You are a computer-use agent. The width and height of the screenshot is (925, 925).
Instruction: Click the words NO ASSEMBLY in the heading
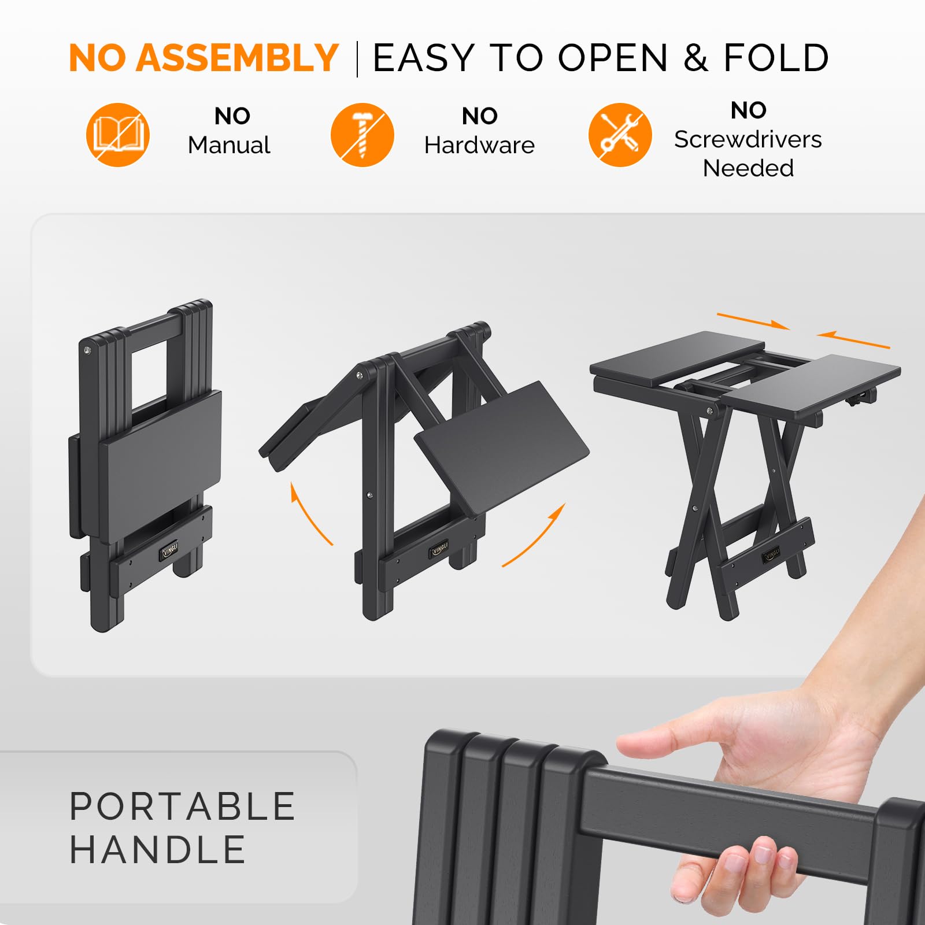(x=203, y=58)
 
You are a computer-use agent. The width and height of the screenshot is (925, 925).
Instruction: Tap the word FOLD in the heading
(x=776, y=58)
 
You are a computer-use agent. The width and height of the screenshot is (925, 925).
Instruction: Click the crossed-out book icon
(x=118, y=135)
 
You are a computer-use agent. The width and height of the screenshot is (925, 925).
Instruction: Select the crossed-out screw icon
(x=362, y=135)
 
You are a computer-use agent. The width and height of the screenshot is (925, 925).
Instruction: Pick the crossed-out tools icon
(x=620, y=135)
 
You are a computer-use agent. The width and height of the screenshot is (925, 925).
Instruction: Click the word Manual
(x=229, y=145)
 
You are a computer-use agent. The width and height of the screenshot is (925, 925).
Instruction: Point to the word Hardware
(x=479, y=145)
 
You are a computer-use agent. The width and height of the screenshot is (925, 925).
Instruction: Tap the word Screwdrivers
(x=748, y=139)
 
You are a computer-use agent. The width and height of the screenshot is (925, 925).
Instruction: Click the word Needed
(x=748, y=168)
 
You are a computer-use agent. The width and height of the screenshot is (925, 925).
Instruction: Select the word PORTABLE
(x=183, y=806)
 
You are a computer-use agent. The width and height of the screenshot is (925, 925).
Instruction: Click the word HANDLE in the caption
(x=158, y=849)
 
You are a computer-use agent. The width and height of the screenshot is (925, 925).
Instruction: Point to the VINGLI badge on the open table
(x=772, y=555)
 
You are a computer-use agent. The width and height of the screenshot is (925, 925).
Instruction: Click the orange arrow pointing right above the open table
(x=753, y=321)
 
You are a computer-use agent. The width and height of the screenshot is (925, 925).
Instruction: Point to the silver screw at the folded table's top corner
(x=87, y=350)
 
